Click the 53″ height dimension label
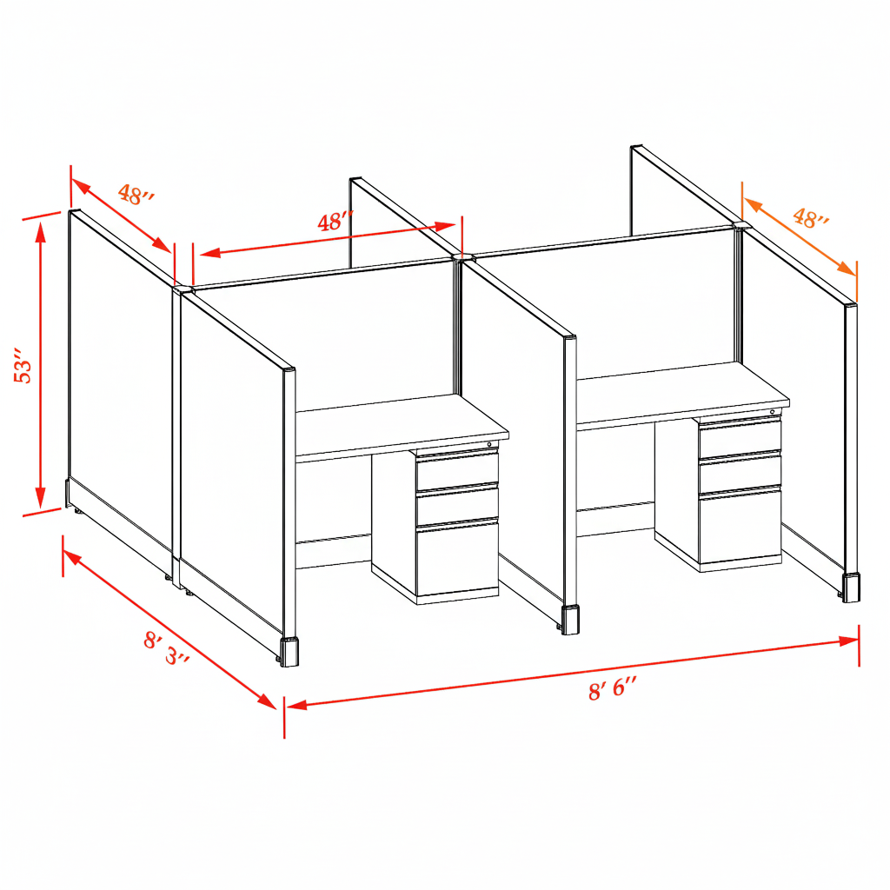point(23,369)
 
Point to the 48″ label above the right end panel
point(810,218)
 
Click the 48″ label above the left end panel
point(136,195)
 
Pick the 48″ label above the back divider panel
point(335,222)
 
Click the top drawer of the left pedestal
point(457,470)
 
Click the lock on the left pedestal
point(489,445)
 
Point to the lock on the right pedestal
point(773,411)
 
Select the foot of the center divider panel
point(571,620)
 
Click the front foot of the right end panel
point(851,588)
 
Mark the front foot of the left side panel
point(289,652)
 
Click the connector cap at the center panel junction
point(462,257)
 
